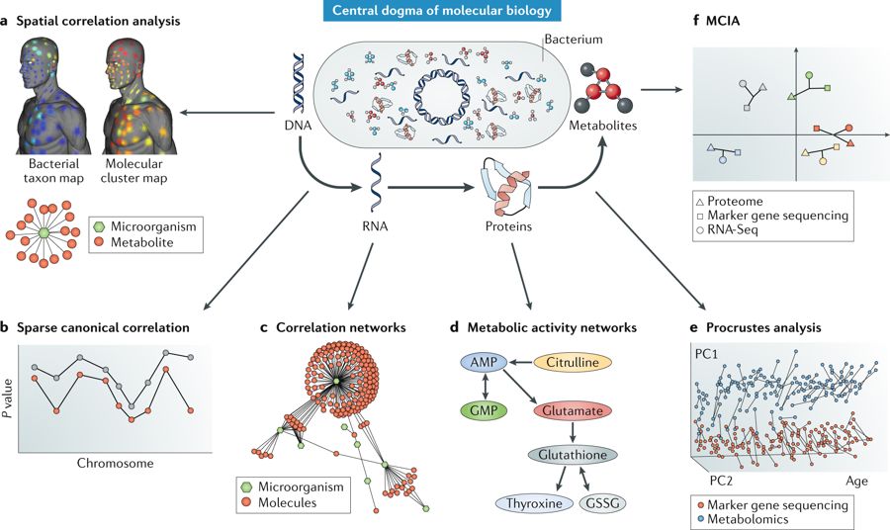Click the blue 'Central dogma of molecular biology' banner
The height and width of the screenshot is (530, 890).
[x=443, y=11]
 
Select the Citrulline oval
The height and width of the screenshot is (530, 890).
[x=573, y=363]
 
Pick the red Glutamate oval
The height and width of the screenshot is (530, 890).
[x=573, y=410]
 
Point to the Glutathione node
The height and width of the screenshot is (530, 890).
[x=573, y=455]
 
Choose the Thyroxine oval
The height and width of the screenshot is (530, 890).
[x=534, y=503]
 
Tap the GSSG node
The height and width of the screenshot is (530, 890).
[x=603, y=503]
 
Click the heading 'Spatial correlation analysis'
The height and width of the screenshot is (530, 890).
[x=98, y=22]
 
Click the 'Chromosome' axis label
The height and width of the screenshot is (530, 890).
[x=116, y=463]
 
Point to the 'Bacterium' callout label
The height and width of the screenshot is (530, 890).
[x=574, y=40]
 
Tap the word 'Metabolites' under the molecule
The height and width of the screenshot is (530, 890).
[x=603, y=126]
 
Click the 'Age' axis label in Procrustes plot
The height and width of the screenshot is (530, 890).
[x=857, y=482]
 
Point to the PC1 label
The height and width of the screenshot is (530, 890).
[x=706, y=353]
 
